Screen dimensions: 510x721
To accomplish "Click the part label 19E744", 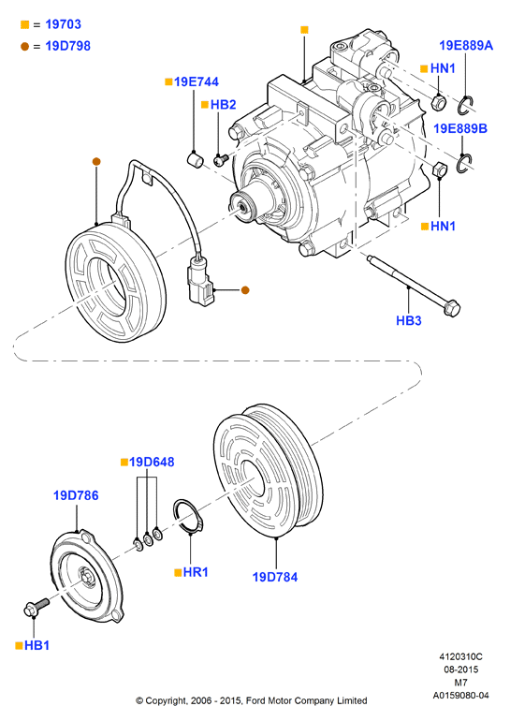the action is (x=197, y=81).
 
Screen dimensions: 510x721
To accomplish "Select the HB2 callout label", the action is (x=223, y=105).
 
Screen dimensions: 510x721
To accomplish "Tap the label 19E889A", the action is (x=466, y=46).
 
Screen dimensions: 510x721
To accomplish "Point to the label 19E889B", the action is (x=460, y=128).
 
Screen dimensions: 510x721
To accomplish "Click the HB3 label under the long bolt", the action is (x=408, y=320).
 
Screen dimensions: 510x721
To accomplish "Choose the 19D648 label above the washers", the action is (x=152, y=462).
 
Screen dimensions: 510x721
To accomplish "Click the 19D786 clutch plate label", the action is (x=76, y=495).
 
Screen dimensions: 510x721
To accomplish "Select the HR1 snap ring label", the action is (x=196, y=572).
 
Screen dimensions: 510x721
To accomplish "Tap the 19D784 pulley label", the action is (x=275, y=577).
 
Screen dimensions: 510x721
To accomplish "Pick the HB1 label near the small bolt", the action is (x=36, y=645).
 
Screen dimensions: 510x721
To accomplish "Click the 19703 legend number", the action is (x=63, y=24).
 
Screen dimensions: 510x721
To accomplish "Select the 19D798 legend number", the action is (x=68, y=46).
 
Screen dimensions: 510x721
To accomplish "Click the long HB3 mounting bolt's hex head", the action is (x=452, y=308).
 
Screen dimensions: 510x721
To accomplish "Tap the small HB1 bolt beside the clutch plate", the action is (x=36, y=607).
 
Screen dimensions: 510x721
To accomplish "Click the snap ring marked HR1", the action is (x=187, y=516).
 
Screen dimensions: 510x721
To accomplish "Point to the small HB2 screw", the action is (x=221, y=159).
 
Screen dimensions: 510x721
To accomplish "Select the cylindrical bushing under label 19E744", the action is (x=196, y=159).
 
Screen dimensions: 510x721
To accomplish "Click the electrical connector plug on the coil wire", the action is (x=200, y=284).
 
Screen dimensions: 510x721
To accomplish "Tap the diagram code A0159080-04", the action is (x=460, y=695).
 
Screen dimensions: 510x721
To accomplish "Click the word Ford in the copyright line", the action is (x=255, y=700).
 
